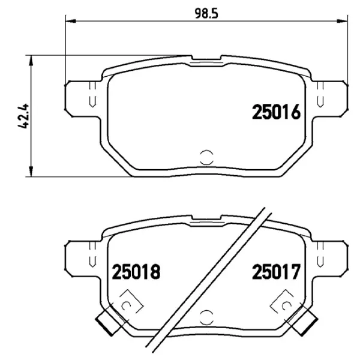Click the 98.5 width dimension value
205,12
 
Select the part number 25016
275,112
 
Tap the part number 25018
137,273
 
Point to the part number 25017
275,273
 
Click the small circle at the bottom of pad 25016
205,157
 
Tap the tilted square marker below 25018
127,304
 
